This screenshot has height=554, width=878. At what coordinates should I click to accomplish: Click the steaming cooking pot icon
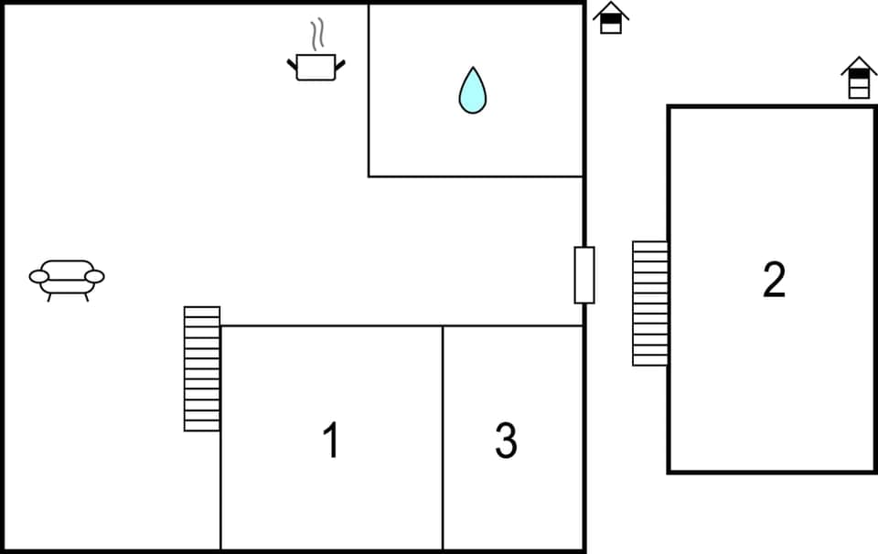pos(316,66)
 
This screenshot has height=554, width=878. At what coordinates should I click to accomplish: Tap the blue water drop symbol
pos(472,91)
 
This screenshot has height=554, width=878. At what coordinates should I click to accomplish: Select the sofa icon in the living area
pos(67,276)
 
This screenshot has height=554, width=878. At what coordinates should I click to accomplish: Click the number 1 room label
pos(331,441)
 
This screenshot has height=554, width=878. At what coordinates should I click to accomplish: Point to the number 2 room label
pos(774,280)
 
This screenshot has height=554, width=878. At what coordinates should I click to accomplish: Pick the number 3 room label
pos(506,441)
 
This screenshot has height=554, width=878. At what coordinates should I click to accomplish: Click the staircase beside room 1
pos(202,368)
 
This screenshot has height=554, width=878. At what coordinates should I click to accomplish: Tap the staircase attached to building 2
pos(650,304)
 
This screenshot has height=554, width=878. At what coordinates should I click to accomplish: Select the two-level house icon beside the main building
pos(611,18)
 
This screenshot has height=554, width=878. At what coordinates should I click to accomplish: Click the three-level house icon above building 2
pos(859,79)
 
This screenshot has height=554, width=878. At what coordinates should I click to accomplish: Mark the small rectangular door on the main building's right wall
pos(584,274)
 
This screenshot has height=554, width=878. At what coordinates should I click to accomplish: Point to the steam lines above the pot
pos(317,35)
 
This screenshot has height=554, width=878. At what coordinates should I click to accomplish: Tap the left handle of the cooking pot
pos(292,64)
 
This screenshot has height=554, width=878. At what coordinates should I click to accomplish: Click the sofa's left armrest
pos(38,275)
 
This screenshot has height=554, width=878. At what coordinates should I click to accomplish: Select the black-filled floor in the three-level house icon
pos(859,74)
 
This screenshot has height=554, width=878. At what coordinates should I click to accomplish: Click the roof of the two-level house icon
pos(611,10)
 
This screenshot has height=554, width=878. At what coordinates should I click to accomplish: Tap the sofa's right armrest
pos(95,275)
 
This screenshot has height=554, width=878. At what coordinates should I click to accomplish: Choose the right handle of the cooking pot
pos(341,64)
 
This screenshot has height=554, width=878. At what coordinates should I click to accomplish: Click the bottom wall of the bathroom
pos(476,176)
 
